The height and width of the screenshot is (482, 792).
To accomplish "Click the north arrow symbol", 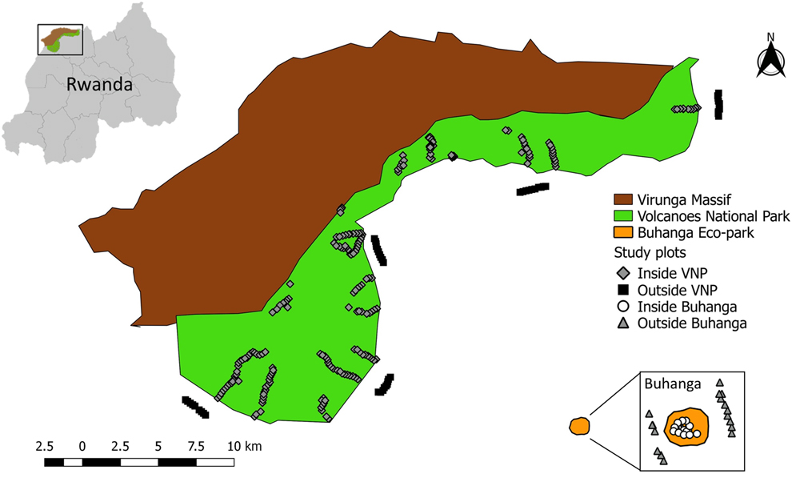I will point(770,61).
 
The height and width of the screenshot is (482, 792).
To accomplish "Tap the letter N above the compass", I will point(770,36).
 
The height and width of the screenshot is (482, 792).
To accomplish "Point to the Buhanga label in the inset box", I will point(673,384).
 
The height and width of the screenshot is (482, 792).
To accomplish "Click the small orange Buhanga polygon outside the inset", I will point(578,426).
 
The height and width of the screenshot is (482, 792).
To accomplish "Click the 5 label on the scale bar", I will point(159,446).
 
